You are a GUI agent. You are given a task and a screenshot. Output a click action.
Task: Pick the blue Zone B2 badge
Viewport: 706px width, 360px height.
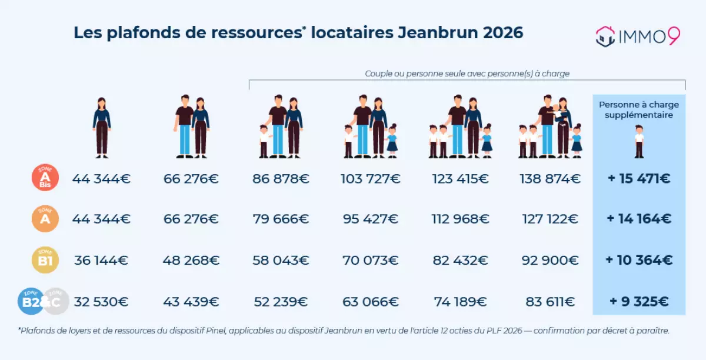(31, 302)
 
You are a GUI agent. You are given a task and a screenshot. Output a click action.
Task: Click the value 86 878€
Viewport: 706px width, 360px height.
(281, 178)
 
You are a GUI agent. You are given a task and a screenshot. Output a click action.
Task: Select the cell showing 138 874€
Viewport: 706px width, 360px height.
(550, 178)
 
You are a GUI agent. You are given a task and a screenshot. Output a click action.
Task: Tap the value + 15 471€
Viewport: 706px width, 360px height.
(639, 178)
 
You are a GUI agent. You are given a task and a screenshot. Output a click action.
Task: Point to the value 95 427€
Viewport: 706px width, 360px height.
(371, 219)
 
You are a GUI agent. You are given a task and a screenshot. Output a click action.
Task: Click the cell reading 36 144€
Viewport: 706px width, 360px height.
(101, 260)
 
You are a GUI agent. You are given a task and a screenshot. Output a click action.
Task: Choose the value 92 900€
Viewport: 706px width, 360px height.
(550, 260)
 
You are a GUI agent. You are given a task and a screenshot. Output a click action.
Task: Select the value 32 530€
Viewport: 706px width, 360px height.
(101, 302)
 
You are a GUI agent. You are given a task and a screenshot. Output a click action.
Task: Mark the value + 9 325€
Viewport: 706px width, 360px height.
(639, 302)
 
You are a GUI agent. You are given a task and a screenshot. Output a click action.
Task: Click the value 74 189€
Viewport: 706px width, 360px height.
(459, 302)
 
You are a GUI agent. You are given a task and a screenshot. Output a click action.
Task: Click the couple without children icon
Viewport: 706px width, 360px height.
(192, 126)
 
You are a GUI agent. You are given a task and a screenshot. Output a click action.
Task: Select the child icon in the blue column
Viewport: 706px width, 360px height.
(639, 141)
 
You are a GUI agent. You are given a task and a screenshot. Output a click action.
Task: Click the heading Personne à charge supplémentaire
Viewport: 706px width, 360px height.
(639, 109)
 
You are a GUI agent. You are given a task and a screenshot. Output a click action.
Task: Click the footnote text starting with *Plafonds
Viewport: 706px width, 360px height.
(344, 331)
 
